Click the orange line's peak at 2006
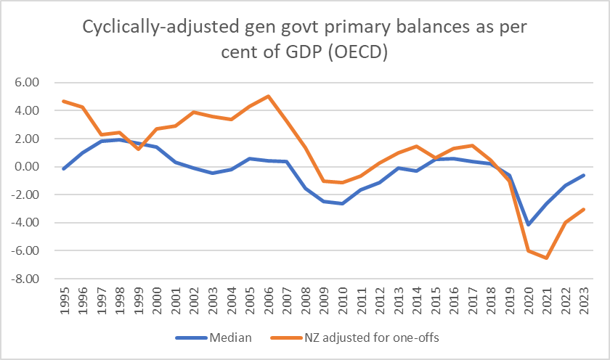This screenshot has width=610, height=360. coord(268,96)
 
